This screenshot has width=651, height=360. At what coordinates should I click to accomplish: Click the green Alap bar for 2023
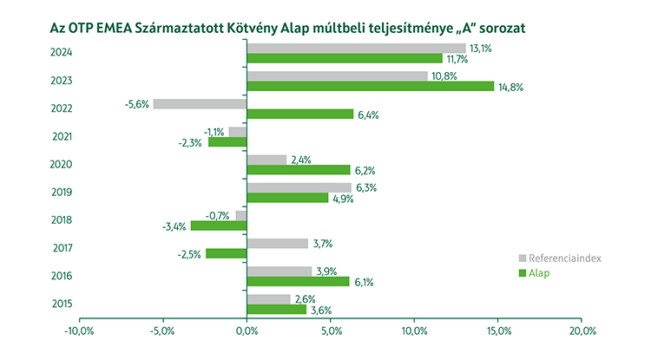click(x=371, y=86)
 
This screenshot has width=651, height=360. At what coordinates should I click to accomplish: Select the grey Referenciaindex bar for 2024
click(x=356, y=49)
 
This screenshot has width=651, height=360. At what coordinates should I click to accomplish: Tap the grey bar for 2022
click(x=200, y=104)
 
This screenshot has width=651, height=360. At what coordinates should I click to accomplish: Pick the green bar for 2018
click(x=219, y=226)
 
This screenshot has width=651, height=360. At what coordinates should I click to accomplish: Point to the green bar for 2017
click(x=227, y=253)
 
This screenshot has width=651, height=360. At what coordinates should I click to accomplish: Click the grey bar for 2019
click(x=299, y=187)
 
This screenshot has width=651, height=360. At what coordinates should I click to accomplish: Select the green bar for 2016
click(x=299, y=281)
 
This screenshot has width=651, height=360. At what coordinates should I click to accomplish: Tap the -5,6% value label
click(x=137, y=104)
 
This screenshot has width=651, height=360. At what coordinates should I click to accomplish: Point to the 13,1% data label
click(x=480, y=49)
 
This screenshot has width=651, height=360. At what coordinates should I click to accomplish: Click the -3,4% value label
click(x=174, y=226)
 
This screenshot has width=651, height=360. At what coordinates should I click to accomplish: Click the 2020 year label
click(x=63, y=164)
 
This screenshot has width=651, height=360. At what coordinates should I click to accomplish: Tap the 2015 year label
click(x=63, y=304)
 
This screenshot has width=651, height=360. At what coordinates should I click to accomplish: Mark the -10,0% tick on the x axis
click(x=80, y=331)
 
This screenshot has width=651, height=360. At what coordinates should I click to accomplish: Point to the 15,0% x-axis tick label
click(x=498, y=331)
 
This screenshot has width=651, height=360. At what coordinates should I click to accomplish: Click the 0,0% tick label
click(x=247, y=331)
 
